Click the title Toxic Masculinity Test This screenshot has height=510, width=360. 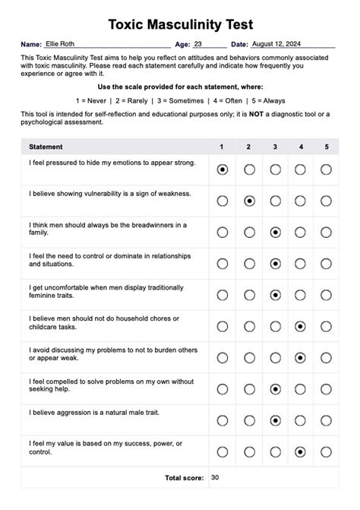pos(180,25)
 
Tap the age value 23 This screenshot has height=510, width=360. pos(198,45)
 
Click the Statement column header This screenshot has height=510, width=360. pos(46,147)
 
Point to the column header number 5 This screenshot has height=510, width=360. pos(326,147)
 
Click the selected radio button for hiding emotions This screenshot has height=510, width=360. pos(223,169)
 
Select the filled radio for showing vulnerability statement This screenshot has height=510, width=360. pos(249,201)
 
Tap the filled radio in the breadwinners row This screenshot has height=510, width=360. pos(275,232)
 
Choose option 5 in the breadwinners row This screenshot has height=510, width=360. pos(326,232)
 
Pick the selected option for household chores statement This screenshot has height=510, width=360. pos(301,326)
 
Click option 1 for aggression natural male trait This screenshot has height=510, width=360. pos(223,420)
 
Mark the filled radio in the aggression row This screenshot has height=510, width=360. pos(275,420)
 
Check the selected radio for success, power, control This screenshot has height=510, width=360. pos(301,451)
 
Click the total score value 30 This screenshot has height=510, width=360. pos(216,478)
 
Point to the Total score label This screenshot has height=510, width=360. pos(184,478)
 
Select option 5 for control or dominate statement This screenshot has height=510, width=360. pos(326,264)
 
